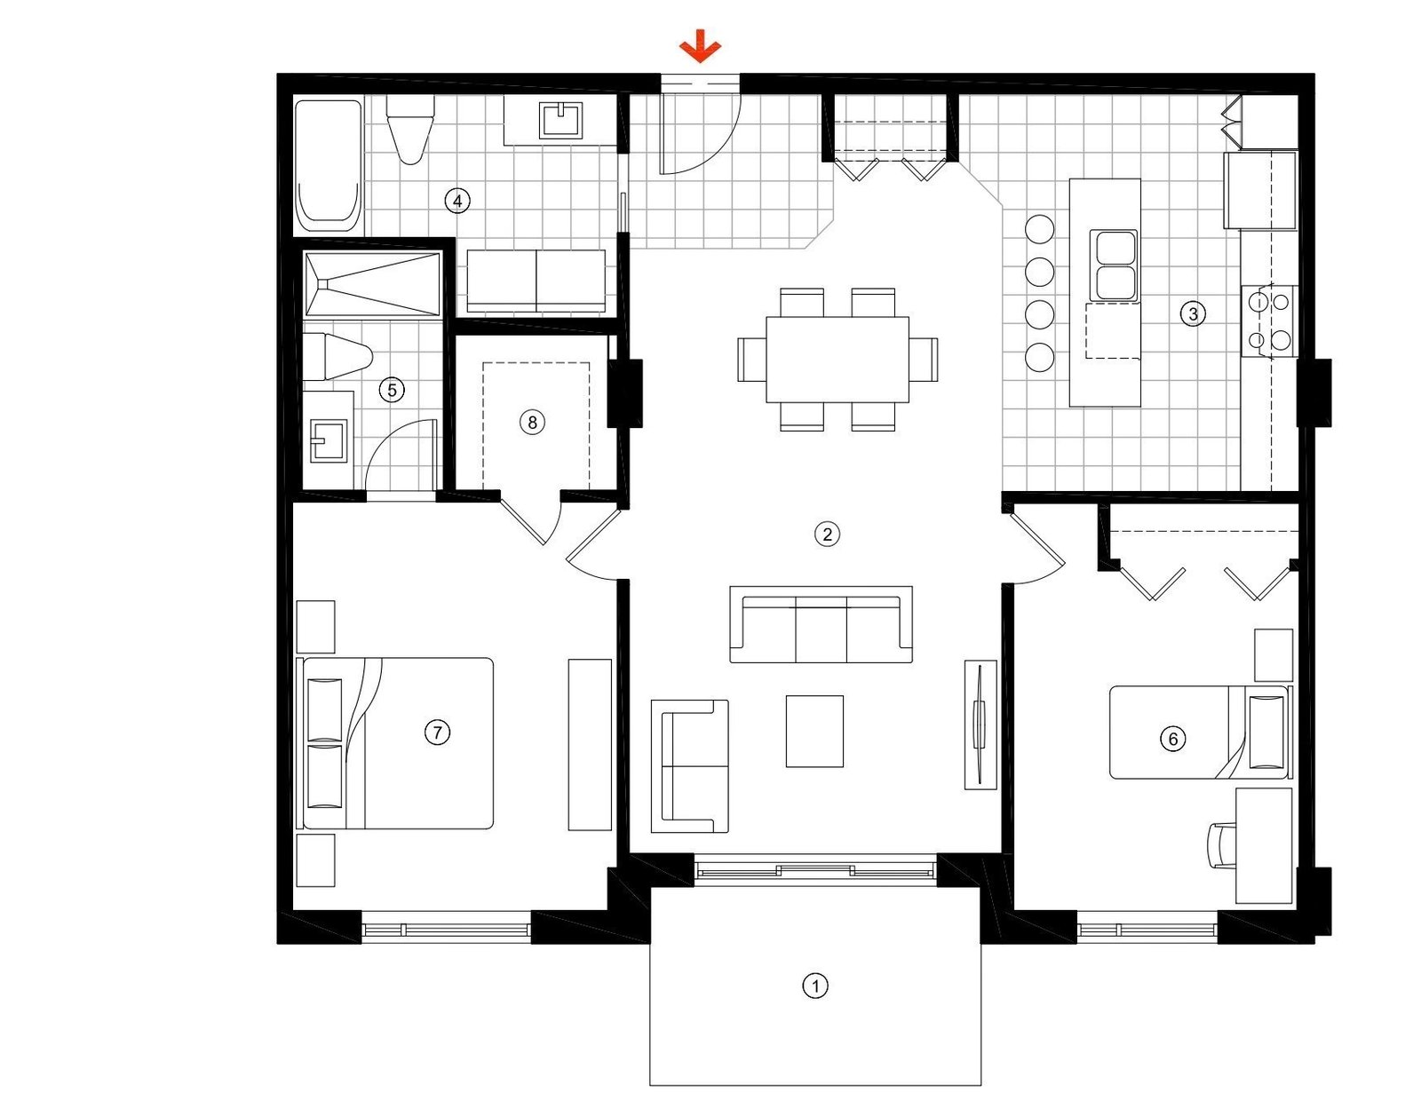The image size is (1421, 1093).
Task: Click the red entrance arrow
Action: [x=701, y=46]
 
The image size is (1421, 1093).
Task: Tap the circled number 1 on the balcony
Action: [x=814, y=986]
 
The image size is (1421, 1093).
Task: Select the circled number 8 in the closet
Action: [x=532, y=423]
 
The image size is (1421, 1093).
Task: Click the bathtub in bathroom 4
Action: [x=328, y=166]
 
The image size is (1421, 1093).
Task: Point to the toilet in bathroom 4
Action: [x=410, y=131]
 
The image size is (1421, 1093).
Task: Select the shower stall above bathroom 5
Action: [x=372, y=284]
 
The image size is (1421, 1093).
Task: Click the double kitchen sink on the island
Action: [x=1115, y=265]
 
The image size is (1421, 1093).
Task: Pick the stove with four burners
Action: [x=1268, y=321]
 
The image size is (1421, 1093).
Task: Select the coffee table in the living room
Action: [x=814, y=731]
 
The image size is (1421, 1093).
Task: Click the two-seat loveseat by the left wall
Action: [x=689, y=765]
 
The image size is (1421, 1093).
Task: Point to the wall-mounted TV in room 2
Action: [x=980, y=724]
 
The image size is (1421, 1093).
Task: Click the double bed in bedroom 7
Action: [x=400, y=743]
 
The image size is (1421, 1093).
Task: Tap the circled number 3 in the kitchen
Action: [x=1193, y=313]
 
